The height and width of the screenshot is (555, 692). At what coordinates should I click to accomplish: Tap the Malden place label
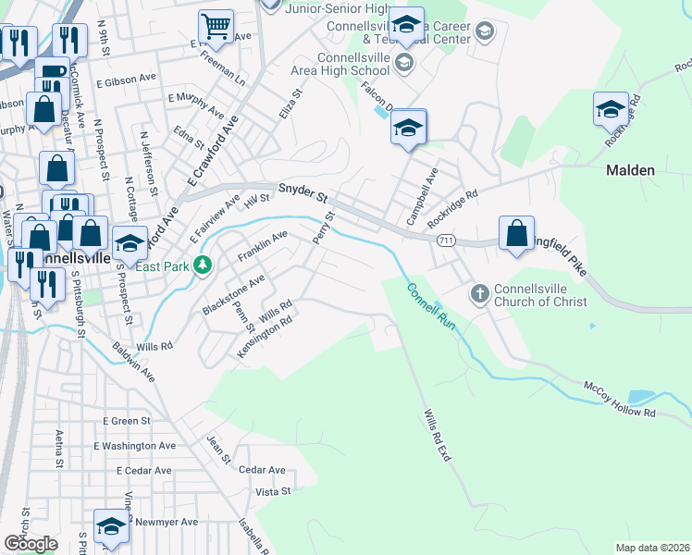pos(630,170)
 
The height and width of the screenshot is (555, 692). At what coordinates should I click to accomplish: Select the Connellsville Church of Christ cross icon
pos(479,293)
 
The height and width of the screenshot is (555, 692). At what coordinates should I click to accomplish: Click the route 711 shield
pos(446,240)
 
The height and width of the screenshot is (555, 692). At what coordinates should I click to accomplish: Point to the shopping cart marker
pos(216,28)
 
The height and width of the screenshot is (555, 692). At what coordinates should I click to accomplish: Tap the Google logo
pos(30,544)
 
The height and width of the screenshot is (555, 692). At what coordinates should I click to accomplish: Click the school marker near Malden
pos(611,110)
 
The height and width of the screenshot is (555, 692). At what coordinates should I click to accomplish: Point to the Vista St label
pos(273,491)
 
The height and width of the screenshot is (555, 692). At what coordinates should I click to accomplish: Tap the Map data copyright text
pos(652,548)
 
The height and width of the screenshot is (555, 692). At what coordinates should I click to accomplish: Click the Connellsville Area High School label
pos(352,64)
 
